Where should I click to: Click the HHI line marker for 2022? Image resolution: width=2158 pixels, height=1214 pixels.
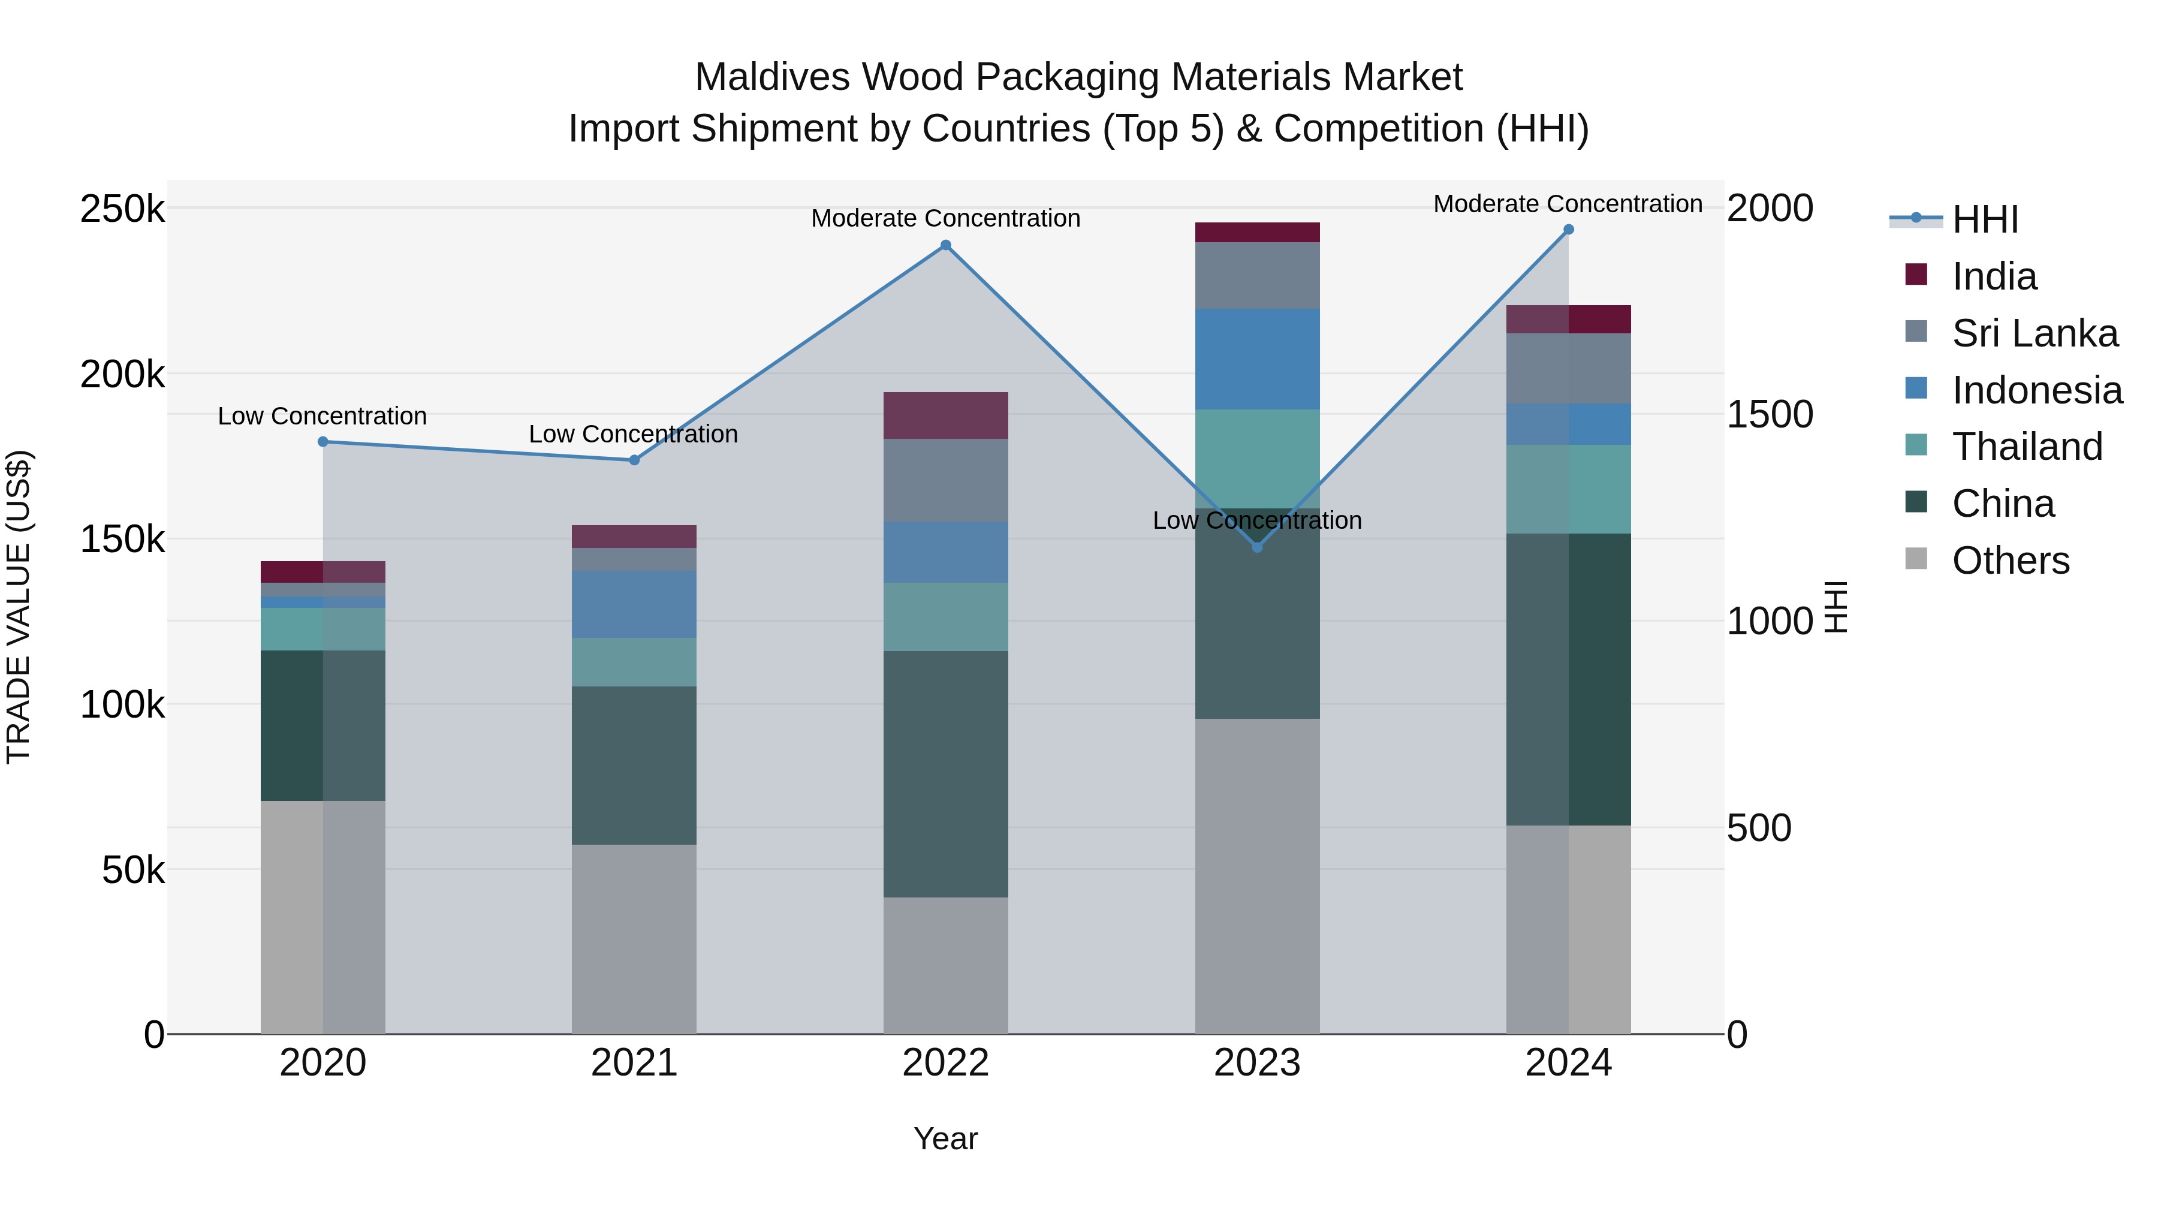946,245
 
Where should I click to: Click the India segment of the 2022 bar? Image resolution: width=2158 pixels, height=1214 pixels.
946,415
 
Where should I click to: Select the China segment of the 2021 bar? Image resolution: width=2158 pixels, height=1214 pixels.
634,765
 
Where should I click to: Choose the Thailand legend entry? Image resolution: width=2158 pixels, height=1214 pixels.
2027,447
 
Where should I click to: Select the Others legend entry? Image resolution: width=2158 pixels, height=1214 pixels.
2010,561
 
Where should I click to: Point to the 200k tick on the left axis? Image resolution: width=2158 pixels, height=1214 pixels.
122,375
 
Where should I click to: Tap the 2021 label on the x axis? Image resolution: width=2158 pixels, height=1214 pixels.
634,1063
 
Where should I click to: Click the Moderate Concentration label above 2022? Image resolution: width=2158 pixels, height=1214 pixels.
946,219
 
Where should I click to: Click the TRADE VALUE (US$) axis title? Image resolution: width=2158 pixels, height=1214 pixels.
19,607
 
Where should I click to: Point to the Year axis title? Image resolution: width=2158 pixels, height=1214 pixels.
946,1138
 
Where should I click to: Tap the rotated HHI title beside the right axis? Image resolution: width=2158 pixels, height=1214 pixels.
1835,607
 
